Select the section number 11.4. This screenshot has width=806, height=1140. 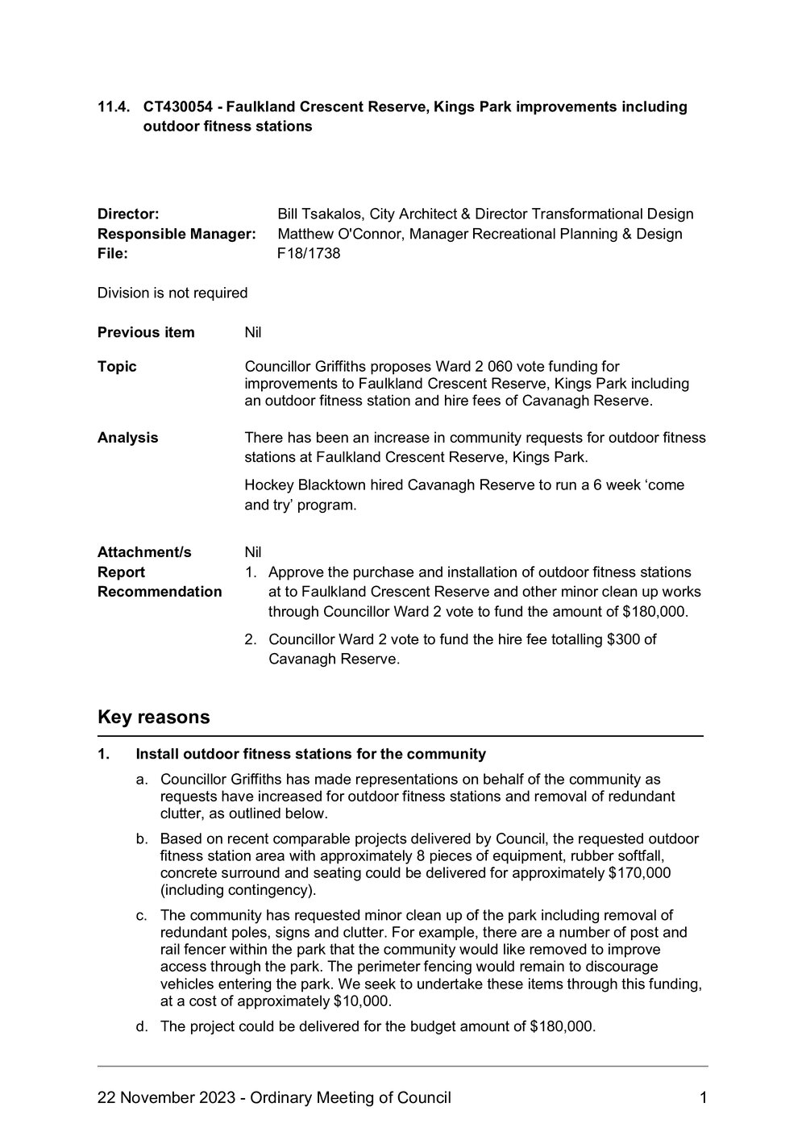(x=113, y=106)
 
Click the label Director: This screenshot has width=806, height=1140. (x=128, y=214)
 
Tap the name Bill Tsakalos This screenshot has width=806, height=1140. (x=319, y=214)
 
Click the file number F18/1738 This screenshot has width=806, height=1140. (x=309, y=254)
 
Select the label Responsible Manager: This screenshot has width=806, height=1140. (x=177, y=235)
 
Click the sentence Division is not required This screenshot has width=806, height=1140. (x=172, y=293)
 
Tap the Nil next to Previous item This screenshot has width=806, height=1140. (x=253, y=332)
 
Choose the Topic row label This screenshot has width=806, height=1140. (x=117, y=367)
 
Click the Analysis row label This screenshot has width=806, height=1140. (x=127, y=438)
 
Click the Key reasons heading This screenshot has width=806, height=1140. (x=153, y=717)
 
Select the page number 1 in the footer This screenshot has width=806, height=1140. (x=703, y=1098)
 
